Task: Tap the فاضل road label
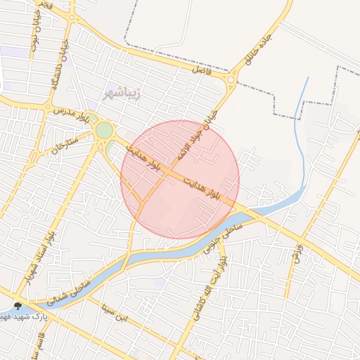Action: (x=202, y=70)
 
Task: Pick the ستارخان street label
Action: (x=64, y=142)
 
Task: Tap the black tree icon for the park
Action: (x=18, y=306)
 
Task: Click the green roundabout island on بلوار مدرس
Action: (x=104, y=130)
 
